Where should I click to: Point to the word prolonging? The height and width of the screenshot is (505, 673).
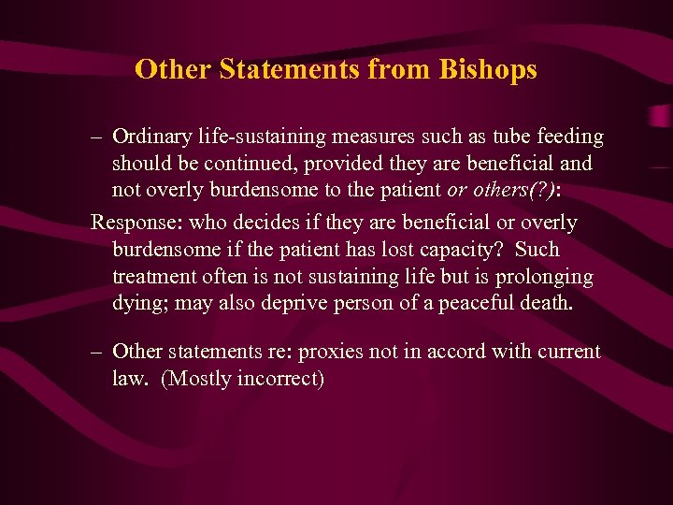(545, 277)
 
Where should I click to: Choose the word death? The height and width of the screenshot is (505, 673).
(545, 304)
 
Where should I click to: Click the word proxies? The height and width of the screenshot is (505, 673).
(324, 352)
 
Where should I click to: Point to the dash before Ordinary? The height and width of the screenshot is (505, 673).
(96, 137)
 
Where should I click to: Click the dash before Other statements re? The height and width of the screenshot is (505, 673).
(96, 353)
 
